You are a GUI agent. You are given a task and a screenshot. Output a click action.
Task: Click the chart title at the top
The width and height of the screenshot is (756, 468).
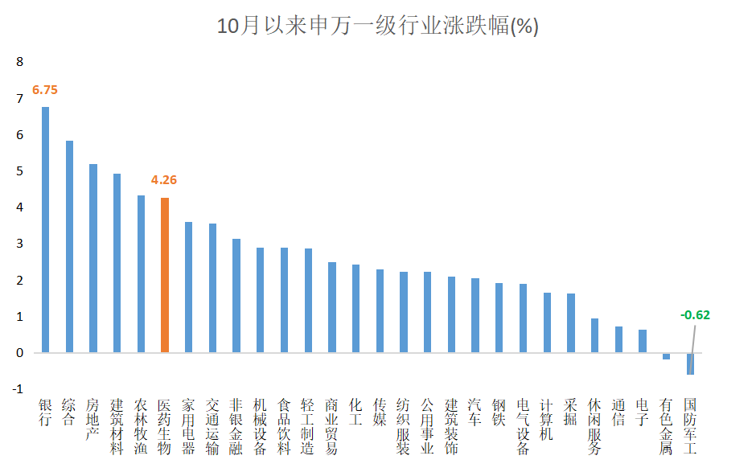[378, 27]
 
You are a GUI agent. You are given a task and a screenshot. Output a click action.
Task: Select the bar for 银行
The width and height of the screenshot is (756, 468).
[45, 229]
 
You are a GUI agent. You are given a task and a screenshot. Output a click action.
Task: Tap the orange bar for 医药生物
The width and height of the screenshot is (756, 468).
[165, 275]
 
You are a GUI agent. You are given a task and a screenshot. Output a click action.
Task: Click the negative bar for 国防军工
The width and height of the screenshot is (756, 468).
[690, 363]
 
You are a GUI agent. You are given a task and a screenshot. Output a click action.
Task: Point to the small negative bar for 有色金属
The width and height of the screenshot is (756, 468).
[666, 355]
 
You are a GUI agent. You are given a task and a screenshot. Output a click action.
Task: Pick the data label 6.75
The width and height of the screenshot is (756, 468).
[45, 90]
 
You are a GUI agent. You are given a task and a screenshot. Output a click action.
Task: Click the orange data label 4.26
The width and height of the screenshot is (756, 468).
[164, 180]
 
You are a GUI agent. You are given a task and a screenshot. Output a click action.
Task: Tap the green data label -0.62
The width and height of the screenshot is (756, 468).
[695, 315]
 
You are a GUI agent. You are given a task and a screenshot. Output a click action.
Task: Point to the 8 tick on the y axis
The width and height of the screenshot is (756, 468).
[20, 62]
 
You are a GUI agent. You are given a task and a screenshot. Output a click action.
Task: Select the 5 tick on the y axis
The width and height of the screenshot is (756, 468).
[20, 171]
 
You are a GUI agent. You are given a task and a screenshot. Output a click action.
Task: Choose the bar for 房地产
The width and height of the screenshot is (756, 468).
[93, 258]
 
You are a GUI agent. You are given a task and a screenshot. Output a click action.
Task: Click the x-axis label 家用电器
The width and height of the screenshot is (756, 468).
[188, 426]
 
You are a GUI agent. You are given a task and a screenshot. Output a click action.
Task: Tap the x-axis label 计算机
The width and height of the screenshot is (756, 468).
[547, 419]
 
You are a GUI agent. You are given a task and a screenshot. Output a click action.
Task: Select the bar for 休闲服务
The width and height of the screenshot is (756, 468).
[594, 335]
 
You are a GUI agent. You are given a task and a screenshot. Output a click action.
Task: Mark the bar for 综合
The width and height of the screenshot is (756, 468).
[69, 246]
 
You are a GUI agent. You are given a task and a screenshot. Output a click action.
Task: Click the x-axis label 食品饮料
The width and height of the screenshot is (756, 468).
[284, 426]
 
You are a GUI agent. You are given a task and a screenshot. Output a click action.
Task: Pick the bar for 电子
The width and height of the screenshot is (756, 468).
[642, 341]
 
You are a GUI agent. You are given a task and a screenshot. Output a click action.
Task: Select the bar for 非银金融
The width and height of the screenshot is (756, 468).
[236, 295]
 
